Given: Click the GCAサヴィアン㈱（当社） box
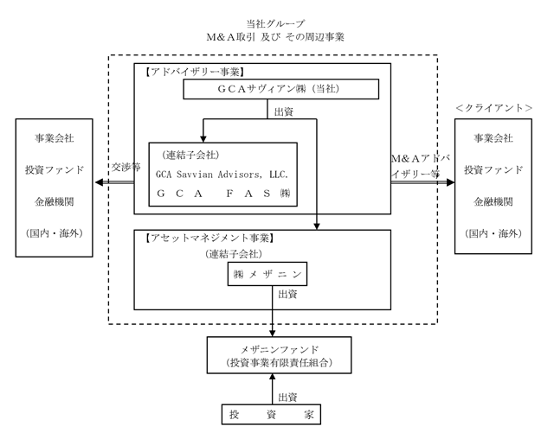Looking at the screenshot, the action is point(280,89).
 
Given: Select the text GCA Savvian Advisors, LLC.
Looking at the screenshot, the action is point(222,175).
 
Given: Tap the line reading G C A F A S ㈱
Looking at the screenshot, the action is point(223,194).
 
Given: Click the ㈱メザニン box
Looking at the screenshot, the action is point(267,274).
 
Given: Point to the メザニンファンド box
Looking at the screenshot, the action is point(279,355).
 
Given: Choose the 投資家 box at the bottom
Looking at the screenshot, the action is point(271,415).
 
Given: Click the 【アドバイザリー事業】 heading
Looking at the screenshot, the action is point(195,72).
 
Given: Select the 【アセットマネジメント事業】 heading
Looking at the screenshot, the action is point(209,238).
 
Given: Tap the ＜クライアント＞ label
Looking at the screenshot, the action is point(494,108).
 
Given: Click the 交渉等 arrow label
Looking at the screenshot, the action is point(126,167).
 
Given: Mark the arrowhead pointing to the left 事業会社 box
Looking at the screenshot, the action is point(99,182).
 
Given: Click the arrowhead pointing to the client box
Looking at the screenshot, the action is point(450,182).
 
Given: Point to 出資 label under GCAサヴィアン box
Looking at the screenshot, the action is point(284,112).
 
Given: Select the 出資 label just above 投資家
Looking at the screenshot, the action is point(287,398).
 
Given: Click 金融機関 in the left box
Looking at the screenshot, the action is point(54,201).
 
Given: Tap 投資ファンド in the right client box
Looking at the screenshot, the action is point(493,170).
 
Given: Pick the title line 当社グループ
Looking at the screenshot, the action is point(275,23).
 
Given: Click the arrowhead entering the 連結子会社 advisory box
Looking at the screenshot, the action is point(203,138).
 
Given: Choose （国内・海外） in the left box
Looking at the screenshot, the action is point(54,233).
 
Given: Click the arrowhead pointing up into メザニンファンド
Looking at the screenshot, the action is point(272,377).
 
